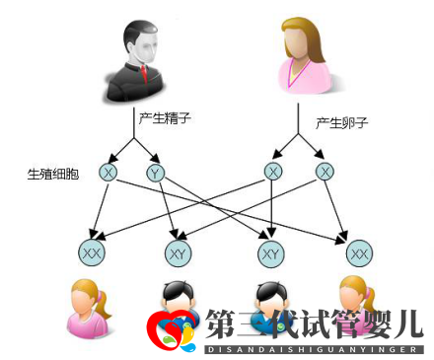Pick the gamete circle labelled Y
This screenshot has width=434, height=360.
[x=155, y=174]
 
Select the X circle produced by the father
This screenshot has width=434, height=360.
[x=108, y=173]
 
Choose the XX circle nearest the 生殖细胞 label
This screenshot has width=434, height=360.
[x=92, y=253]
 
